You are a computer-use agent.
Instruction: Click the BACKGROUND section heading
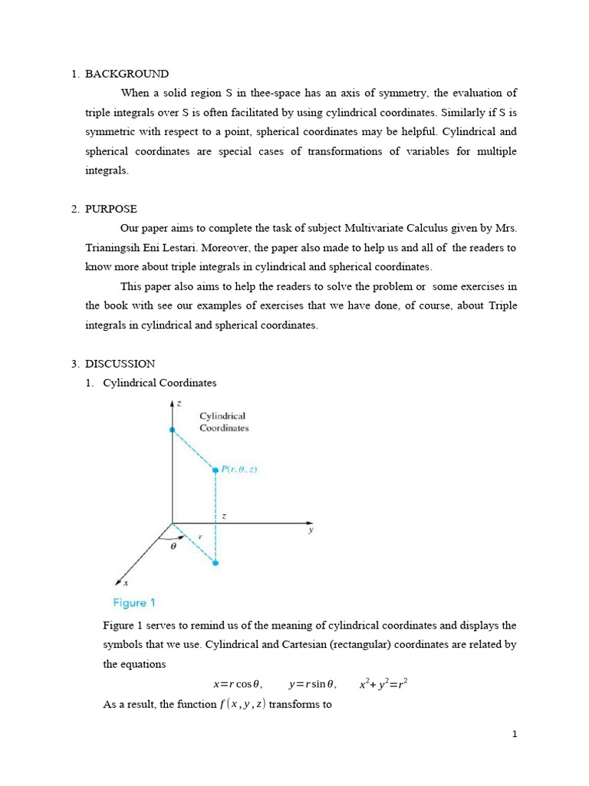coord(127,74)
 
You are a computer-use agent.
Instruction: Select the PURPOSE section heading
coord(111,209)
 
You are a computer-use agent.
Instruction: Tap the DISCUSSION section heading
coord(120,364)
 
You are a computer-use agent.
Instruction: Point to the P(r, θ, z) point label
coord(239,470)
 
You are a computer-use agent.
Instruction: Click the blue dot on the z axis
coord(173,430)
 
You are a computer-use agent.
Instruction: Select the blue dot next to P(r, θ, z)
coord(216,470)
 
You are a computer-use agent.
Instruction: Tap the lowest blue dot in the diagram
coord(216,563)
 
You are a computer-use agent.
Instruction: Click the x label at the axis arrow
coord(126,584)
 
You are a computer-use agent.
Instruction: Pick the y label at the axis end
coord(311,530)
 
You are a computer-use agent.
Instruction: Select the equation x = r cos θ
coord(237,684)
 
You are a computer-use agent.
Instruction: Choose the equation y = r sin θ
coord(312,684)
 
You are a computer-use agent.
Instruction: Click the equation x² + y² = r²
coord(383,683)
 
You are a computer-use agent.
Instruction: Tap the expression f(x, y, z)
coord(242,704)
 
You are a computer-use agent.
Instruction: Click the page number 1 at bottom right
coord(515,735)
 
